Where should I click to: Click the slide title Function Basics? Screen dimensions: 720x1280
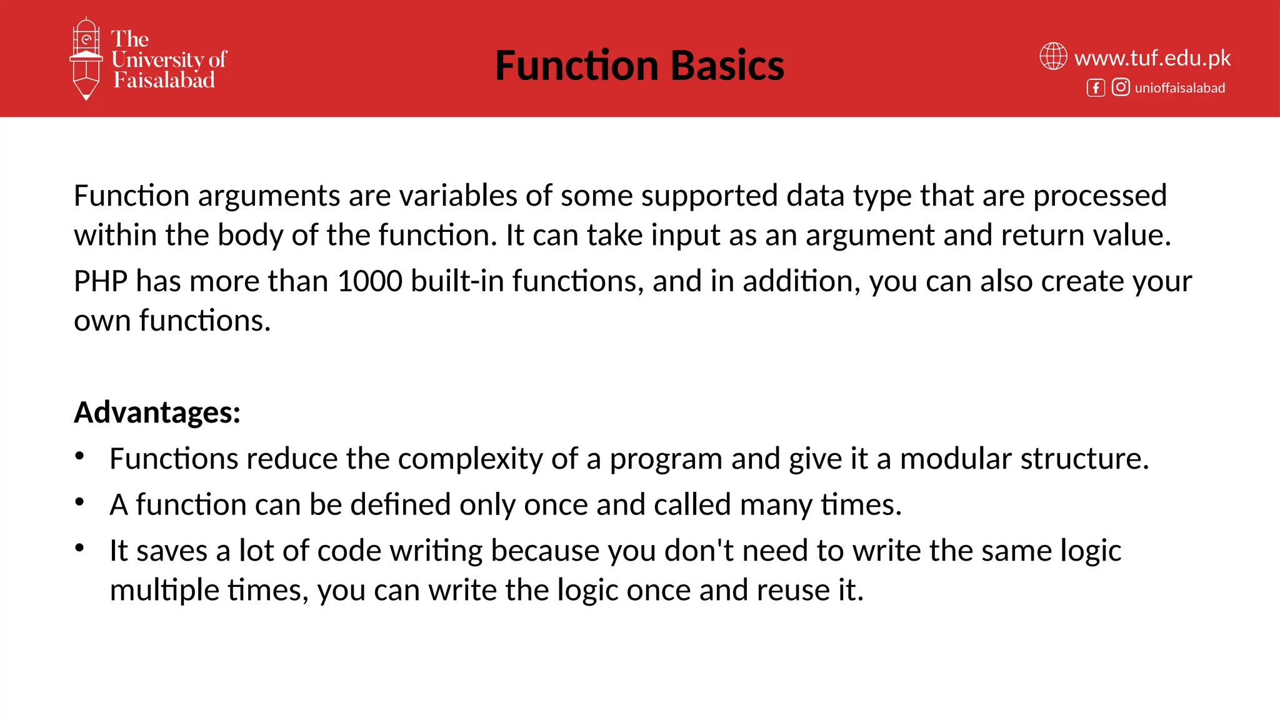(x=639, y=66)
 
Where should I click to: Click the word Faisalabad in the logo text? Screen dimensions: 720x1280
(x=164, y=80)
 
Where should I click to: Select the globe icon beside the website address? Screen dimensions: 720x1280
(x=1053, y=56)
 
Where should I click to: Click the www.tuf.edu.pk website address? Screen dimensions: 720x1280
(x=1152, y=58)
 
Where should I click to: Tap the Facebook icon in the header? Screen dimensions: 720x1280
(x=1096, y=87)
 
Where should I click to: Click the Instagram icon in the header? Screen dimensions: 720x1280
(x=1121, y=87)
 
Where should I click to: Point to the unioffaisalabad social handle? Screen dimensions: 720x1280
(x=1179, y=88)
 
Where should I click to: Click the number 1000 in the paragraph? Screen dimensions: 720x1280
(x=369, y=281)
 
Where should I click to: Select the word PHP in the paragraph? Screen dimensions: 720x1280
(x=101, y=281)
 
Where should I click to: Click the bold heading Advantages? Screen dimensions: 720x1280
(x=157, y=412)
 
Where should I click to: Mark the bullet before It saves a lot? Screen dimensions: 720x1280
(x=79, y=548)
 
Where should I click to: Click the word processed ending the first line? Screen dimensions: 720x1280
(x=1099, y=196)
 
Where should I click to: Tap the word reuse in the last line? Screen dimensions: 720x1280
(x=792, y=590)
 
